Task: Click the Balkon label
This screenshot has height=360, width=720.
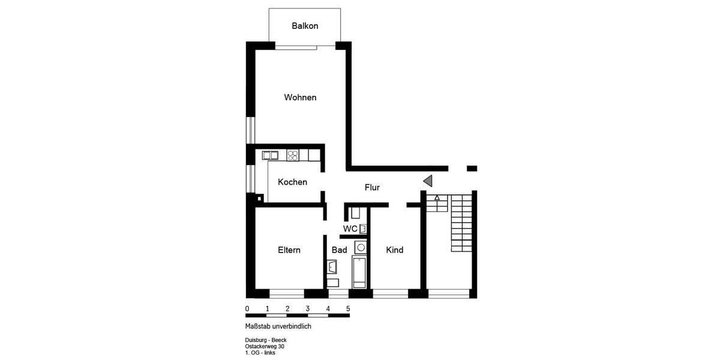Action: point(305,26)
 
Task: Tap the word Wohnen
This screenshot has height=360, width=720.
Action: point(300,97)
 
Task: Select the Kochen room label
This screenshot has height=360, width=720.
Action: point(292,182)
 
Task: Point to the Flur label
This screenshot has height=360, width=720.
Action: point(372,188)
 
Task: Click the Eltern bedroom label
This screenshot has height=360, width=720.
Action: point(289,250)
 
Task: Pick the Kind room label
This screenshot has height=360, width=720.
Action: point(394,250)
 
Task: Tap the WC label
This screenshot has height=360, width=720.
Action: point(350,229)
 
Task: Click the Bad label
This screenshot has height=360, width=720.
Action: point(339,250)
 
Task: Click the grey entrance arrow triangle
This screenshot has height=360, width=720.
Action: point(427,181)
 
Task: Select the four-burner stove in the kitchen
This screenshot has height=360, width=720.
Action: point(293,155)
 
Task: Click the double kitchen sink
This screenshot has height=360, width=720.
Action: point(270,155)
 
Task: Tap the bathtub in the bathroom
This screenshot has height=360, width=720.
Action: point(359,272)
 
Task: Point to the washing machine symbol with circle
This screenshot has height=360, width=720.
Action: point(361,247)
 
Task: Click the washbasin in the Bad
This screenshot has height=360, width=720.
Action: point(332,266)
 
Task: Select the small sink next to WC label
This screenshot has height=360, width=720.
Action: point(362,229)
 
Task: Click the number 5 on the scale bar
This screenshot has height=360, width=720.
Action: point(348,309)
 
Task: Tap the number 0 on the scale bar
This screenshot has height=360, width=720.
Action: point(247,309)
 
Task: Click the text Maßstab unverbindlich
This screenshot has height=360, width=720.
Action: point(278,327)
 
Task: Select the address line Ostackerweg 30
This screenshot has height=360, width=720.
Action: point(265,347)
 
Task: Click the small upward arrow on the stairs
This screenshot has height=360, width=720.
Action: point(437,197)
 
